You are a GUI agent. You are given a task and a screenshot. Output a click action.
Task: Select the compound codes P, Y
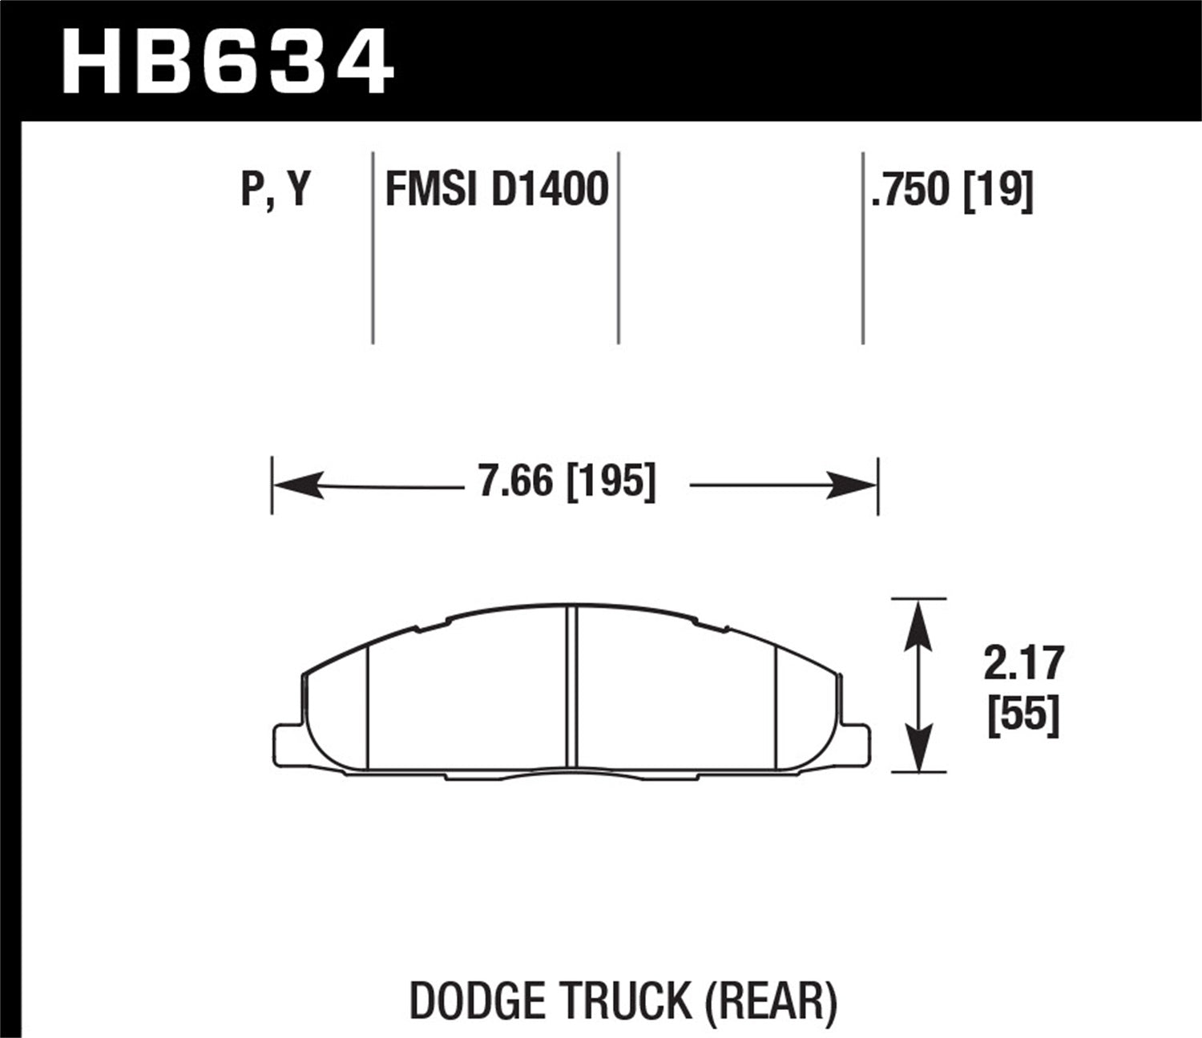[275, 191]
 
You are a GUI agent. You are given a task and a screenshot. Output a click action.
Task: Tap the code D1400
[550, 191]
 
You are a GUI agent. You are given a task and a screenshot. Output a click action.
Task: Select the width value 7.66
[516, 482]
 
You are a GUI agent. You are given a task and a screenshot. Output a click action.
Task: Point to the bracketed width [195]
[611, 482]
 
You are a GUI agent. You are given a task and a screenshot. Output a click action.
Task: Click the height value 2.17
[1023, 663]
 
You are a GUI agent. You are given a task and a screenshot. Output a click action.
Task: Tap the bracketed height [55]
[1023, 714]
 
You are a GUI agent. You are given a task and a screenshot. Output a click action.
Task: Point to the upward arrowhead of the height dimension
[919, 622]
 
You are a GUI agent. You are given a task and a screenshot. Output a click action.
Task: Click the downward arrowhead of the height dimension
[919, 749]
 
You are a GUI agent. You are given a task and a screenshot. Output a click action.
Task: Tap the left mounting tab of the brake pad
[287, 742]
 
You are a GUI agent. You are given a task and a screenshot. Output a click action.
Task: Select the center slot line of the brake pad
[571, 689]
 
